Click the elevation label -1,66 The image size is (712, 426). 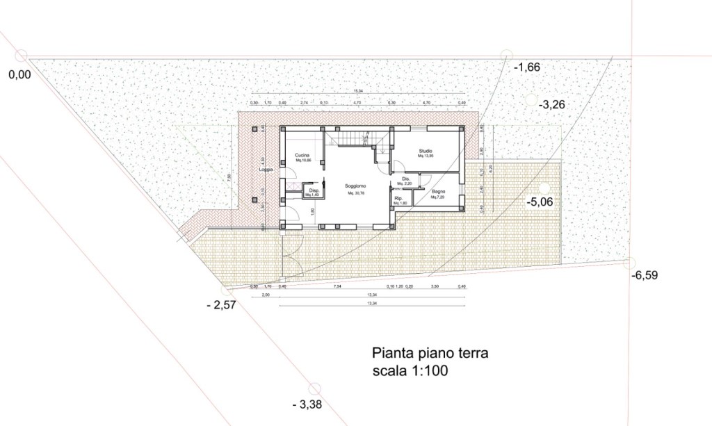[x=527, y=67]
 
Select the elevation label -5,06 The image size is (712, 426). [x=542, y=202]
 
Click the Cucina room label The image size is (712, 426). [x=302, y=154]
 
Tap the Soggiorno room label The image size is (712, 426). [x=356, y=187]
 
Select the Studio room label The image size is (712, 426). [x=426, y=151]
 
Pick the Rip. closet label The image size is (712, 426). [x=398, y=199]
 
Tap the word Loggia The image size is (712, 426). [x=265, y=170]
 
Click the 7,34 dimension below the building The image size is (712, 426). [x=337, y=286]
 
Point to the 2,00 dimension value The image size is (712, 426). [x=266, y=295]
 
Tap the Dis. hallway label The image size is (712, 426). [x=401, y=180]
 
